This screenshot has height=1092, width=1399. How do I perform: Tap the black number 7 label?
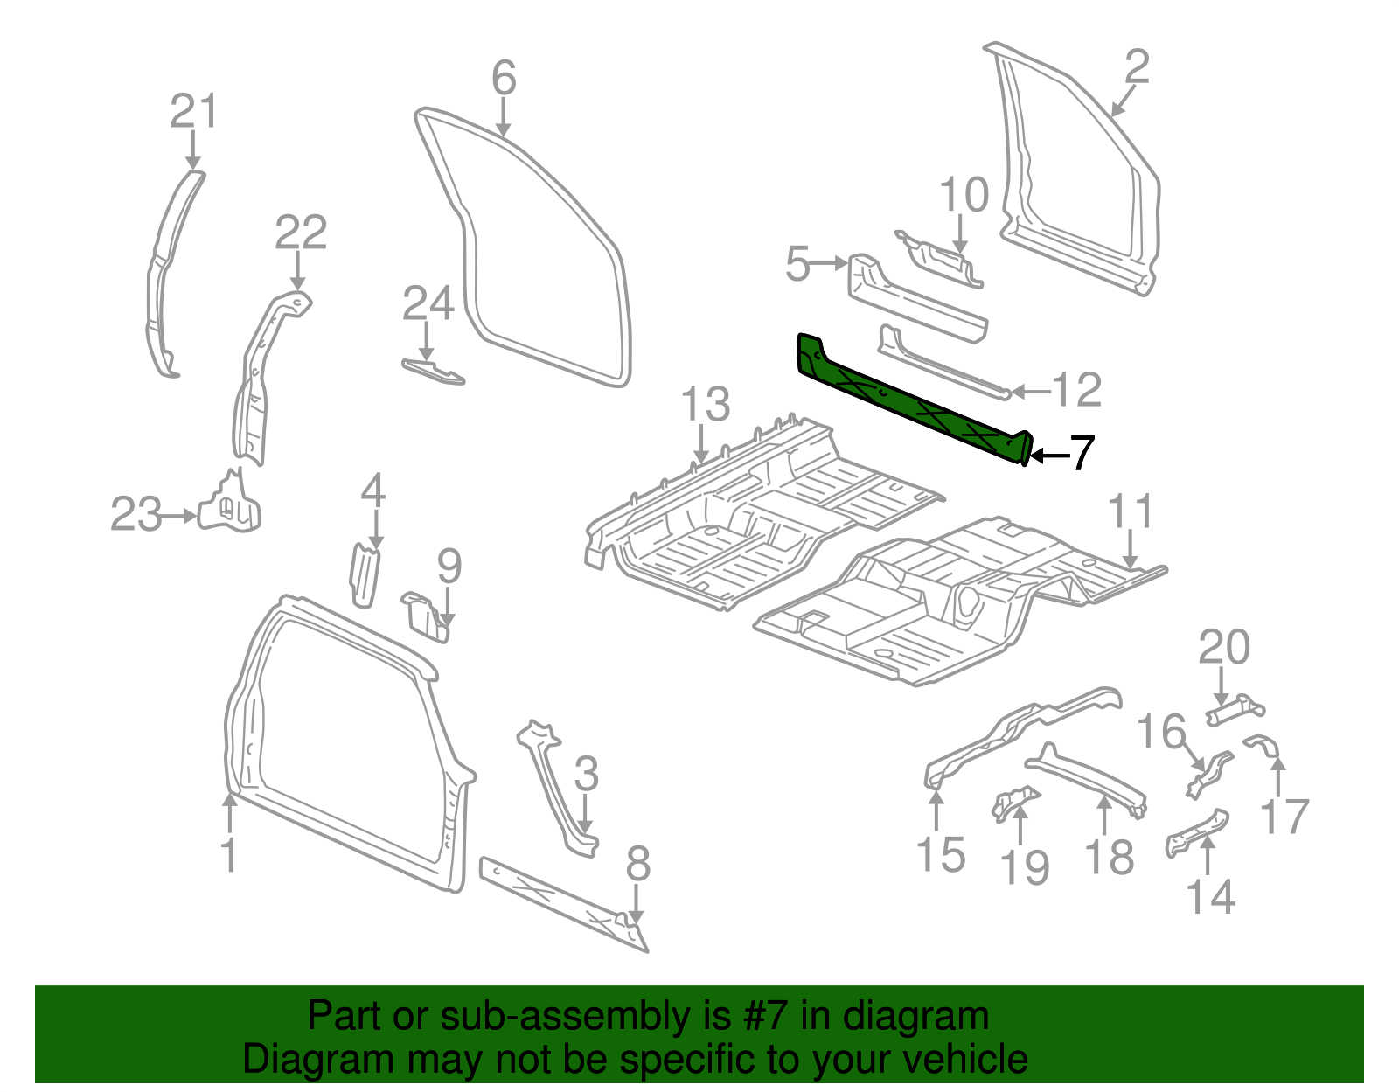pos(1082,454)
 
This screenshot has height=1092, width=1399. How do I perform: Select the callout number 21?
pos(193,113)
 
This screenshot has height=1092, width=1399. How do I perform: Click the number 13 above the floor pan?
pos(705,405)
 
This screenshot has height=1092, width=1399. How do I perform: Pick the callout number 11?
pos(1131,512)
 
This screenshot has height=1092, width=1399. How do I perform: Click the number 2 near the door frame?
pos(1136,67)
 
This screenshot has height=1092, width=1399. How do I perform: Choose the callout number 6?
pos(504,79)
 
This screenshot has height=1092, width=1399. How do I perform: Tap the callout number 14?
pos(1210,898)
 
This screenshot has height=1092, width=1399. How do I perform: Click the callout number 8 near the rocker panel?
pos(638,864)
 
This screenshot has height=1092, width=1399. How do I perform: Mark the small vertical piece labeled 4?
pos(364,574)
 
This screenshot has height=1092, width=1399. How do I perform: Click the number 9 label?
pos(449,567)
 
